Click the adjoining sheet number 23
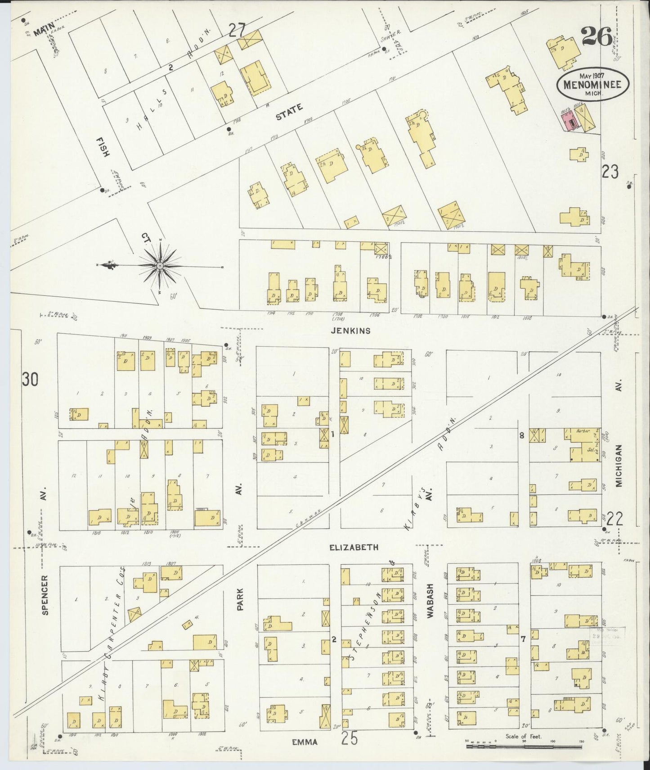610,172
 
